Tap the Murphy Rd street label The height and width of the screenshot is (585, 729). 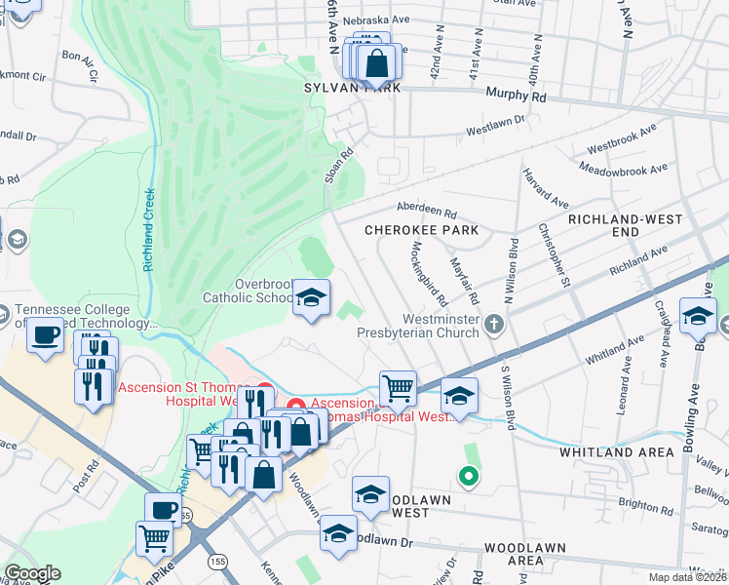tap(516, 97)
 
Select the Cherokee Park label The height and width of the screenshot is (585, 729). tap(421, 230)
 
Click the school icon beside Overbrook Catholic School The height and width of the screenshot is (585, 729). tap(311, 298)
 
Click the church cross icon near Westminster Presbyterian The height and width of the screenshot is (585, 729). tap(496, 323)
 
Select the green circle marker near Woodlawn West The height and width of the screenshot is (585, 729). tap(468, 477)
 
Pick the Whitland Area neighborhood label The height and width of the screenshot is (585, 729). tap(616, 452)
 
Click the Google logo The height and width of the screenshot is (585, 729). tap(32, 573)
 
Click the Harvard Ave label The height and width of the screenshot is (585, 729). tap(558, 187)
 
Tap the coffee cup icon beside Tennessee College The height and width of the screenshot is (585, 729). tap(44, 336)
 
